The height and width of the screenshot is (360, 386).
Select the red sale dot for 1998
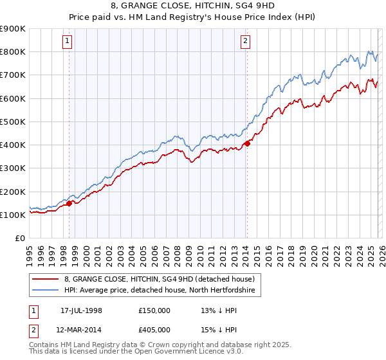click(x=69, y=203)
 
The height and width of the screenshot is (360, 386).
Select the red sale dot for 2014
click(x=247, y=143)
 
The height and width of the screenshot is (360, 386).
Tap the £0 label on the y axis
click(x=19, y=238)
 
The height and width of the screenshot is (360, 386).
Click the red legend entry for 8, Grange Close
click(x=160, y=279)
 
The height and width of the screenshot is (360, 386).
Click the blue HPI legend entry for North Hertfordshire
click(x=160, y=291)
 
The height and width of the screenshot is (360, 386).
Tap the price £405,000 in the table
click(x=155, y=330)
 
